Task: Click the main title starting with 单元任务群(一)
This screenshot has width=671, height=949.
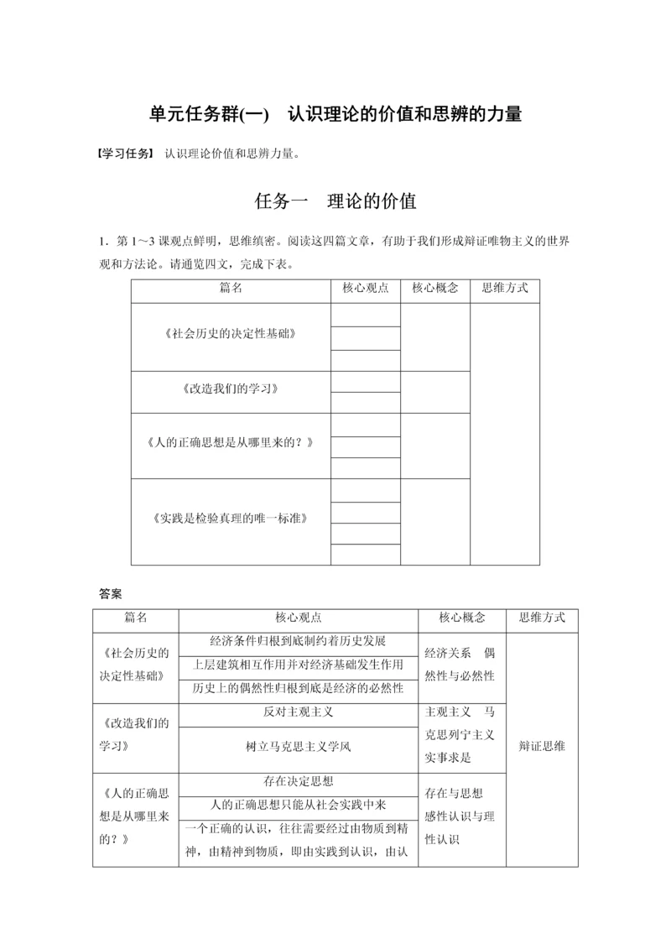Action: tap(335, 114)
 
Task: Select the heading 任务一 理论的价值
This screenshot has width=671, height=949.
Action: tap(335, 202)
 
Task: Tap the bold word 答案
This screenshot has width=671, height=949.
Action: tap(110, 593)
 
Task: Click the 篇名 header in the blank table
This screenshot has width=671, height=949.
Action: tap(231, 288)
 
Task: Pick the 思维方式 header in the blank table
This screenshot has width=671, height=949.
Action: tap(505, 288)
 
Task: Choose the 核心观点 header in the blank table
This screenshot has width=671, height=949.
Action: tap(366, 288)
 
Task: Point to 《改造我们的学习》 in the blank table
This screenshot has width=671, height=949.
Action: tap(231, 391)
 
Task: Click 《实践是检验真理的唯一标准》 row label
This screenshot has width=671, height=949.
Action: tap(231, 518)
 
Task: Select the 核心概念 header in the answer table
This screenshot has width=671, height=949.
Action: tap(461, 618)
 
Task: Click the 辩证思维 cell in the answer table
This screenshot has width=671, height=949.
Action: tap(542, 745)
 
